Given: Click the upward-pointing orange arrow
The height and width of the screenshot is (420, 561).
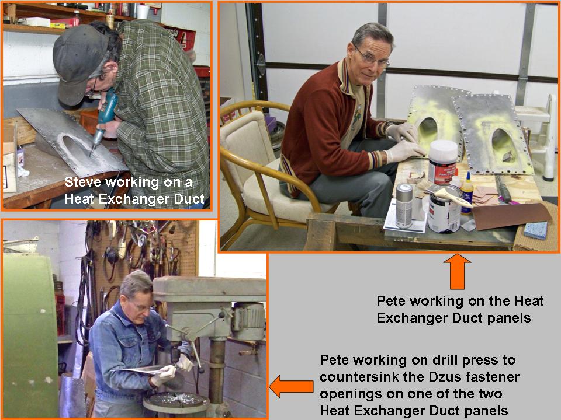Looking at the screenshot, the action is point(457,271).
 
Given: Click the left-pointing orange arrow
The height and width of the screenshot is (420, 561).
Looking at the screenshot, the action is point(291,386).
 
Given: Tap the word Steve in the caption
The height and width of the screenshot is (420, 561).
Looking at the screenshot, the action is point(82,182).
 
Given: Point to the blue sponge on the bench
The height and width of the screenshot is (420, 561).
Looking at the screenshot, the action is point(536,230).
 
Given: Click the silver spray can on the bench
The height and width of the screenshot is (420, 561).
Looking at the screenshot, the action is point(404,206).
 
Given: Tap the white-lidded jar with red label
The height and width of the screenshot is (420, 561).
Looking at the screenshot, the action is point(443,162).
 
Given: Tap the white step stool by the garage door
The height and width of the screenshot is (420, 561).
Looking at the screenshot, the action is point(537,133).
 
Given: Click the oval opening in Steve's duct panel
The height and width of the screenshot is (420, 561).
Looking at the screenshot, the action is point(74,146).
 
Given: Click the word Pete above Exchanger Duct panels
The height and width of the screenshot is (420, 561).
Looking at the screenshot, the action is point(391,301).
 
